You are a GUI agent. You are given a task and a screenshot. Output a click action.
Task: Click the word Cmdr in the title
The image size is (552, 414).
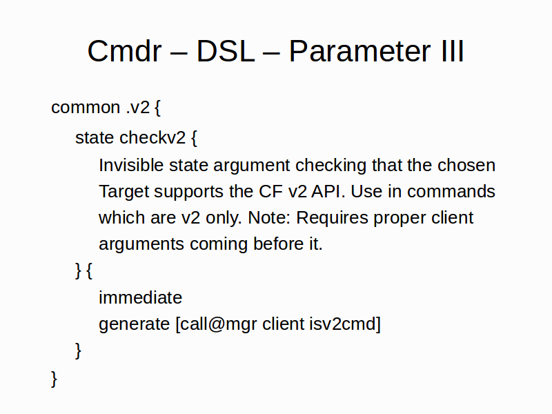124,51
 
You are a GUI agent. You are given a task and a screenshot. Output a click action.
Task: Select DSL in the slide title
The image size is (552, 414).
226,51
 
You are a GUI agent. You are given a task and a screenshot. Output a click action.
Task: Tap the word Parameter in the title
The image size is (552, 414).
359,51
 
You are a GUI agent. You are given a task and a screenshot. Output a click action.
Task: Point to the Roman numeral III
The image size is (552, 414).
452,51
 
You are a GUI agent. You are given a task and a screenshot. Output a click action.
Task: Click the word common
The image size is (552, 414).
86,108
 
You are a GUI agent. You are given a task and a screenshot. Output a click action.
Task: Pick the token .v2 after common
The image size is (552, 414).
138,108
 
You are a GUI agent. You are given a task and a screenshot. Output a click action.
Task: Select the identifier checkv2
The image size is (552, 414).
152,137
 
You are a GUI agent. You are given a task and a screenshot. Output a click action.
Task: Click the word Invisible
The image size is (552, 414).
131,165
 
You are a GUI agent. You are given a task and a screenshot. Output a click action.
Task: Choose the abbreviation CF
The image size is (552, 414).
270,192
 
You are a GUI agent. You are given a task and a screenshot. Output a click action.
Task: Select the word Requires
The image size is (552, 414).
332,218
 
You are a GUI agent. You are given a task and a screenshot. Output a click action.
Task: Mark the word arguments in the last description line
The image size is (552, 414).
141,244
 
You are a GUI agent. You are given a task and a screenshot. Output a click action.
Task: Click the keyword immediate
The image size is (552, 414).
141,297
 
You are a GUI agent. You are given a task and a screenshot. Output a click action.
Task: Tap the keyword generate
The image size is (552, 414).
134,324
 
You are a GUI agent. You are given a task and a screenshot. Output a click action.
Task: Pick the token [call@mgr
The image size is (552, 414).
216,324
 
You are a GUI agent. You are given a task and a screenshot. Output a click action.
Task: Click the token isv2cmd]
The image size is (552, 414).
345,324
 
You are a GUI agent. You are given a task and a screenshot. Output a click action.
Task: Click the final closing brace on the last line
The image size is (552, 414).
54,379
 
